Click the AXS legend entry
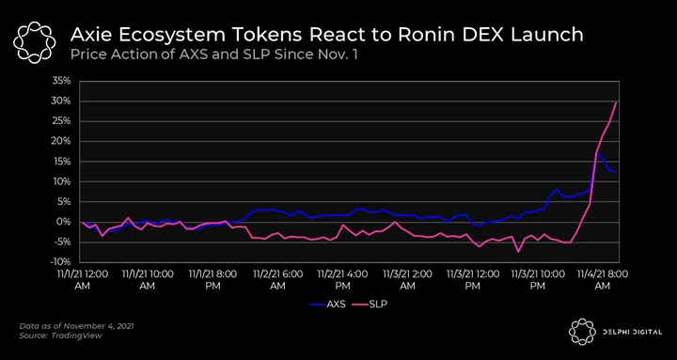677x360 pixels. pyautogui.click(x=328, y=305)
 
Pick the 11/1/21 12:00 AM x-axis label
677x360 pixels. pyautogui.click(x=83, y=280)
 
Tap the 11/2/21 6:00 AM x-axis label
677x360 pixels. pyautogui.click(x=277, y=280)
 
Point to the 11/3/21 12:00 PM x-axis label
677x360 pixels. pyautogui.click(x=473, y=280)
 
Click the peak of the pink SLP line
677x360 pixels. pyautogui.click(x=616, y=102)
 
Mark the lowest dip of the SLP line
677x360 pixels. pyautogui.click(x=518, y=252)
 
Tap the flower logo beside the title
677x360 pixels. pyautogui.click(x=35, y=42)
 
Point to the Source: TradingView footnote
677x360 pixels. pyautogui.click(x=60, y=336)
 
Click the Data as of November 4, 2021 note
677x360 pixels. pyautogui.click(x=76, y=326)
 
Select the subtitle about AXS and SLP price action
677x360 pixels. pyautogui.click(x=213, y=55)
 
